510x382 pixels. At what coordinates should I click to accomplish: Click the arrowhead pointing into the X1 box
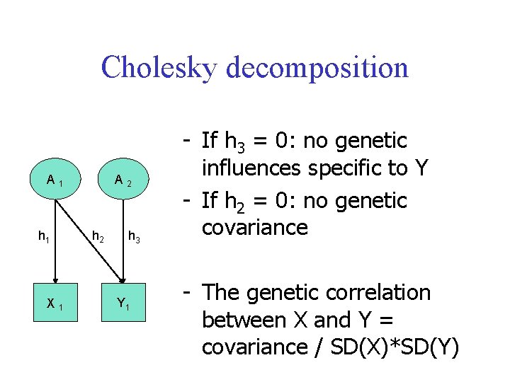(x=55, y=280)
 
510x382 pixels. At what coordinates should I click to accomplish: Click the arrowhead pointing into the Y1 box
(x=122, y=280)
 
